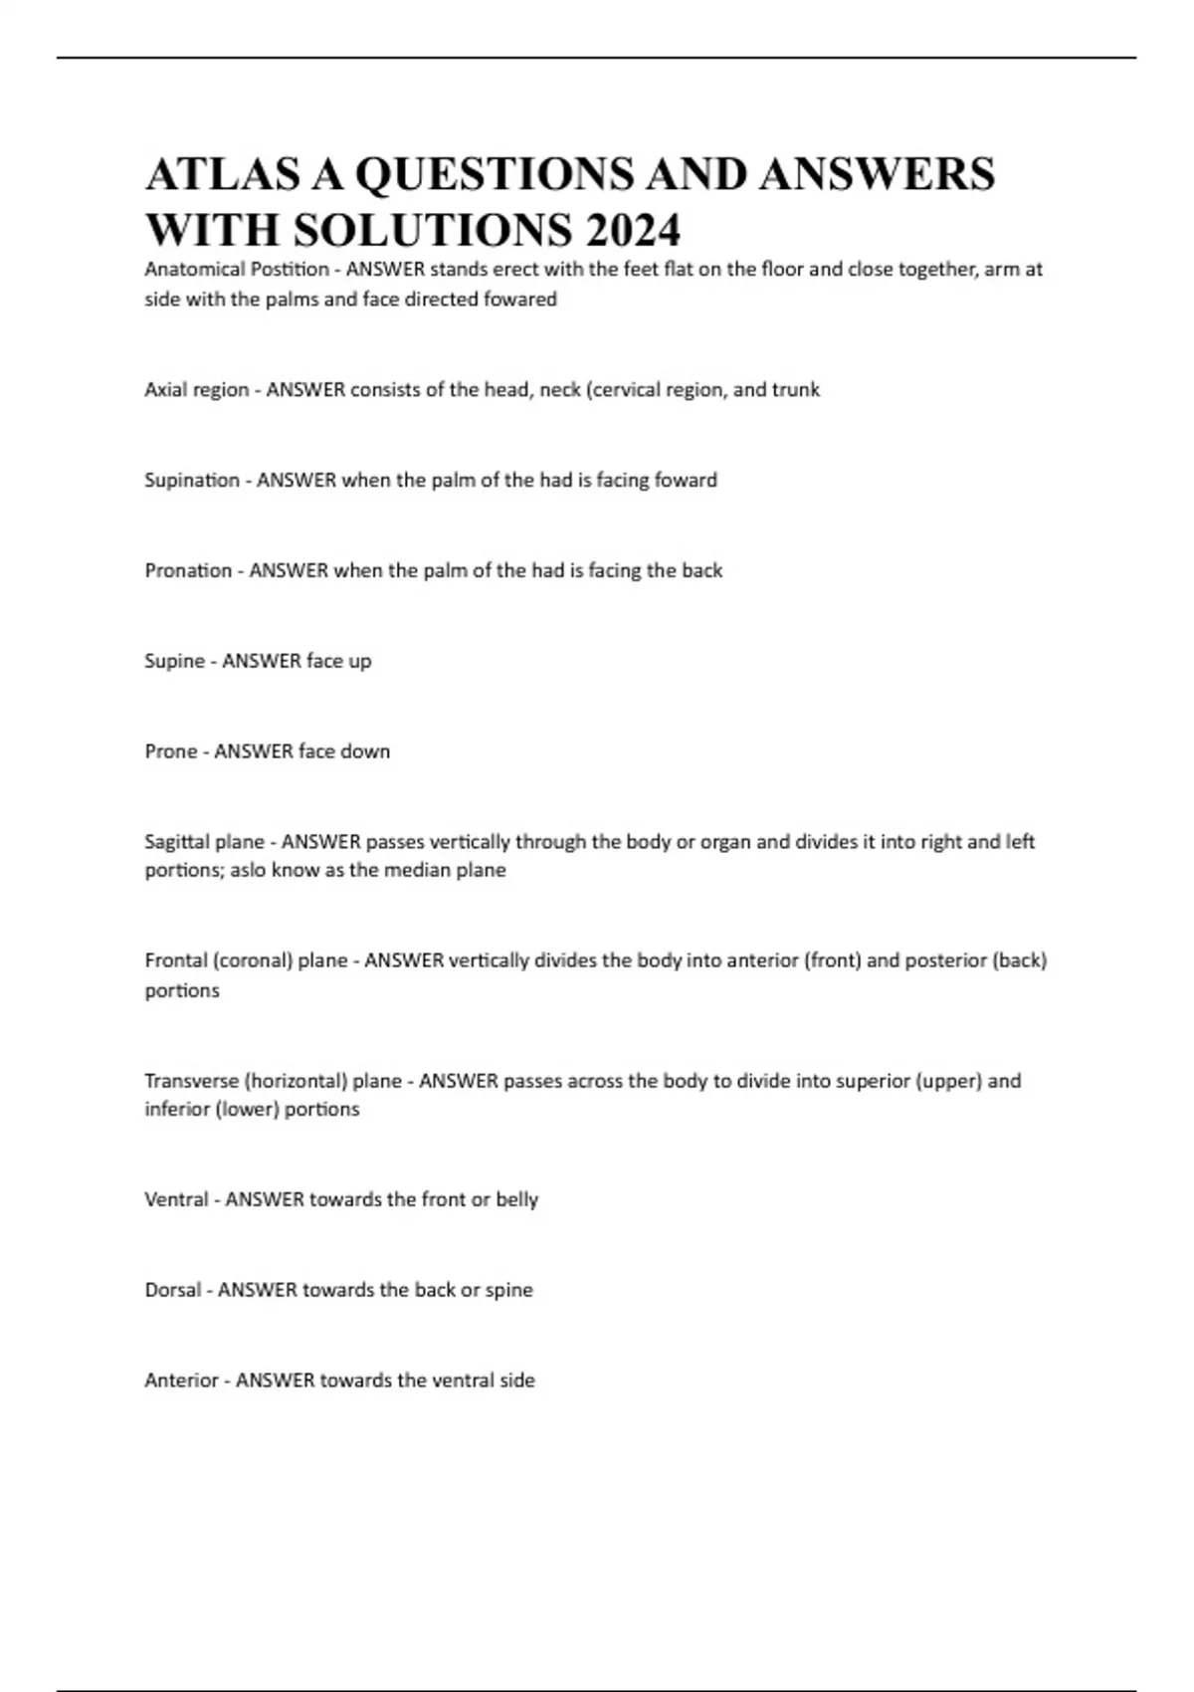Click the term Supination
point(192,480)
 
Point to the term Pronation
point(188,570)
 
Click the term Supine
point(174,661)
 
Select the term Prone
point(171,751)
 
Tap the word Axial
point(165,390)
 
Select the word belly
point(516,1199)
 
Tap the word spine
point(508,1290)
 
